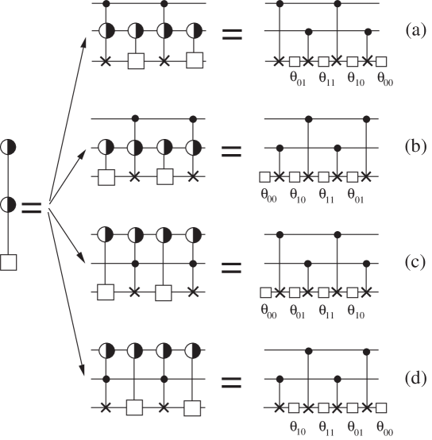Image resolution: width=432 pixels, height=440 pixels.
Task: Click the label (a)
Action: pos(412,32)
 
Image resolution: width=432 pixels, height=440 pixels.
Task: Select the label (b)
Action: pos(412,148)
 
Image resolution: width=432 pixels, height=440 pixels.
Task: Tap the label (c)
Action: pos(412,263)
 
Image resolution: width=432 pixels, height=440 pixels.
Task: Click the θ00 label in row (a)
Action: pos(385,78)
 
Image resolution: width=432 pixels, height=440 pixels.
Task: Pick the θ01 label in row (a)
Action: pos(299,78)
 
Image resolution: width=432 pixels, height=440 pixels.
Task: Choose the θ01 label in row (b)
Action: pos(355,193)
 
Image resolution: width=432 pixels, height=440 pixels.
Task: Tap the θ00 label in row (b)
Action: pos(269,193)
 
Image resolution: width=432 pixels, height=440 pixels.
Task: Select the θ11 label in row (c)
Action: pos(326,309)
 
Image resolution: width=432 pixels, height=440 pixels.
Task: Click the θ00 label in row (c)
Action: pos(269,309)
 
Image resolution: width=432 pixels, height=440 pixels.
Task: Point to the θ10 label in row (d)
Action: pos(299,425)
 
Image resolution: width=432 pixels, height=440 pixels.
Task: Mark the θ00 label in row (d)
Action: pos(385,425)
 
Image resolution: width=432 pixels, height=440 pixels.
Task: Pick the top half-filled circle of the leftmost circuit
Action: pos(9,147)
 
